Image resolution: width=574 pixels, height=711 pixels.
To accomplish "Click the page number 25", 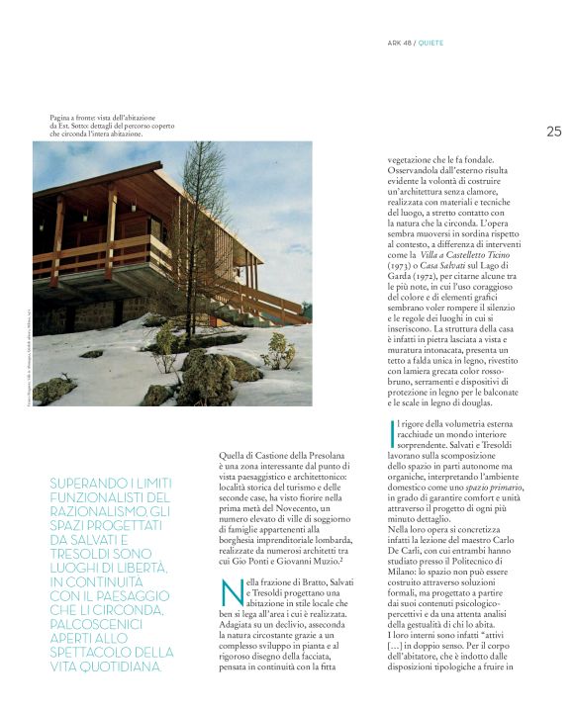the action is pos(553,131).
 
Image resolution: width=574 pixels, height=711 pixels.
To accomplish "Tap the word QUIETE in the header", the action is pos(436,43).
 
